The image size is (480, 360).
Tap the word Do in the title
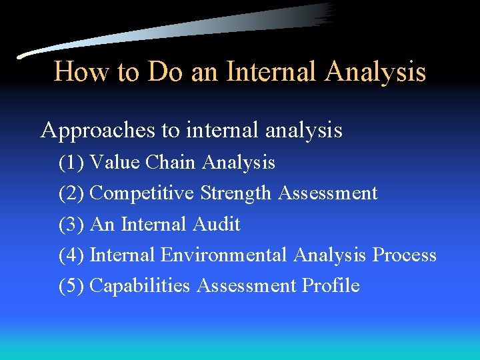point(166,72)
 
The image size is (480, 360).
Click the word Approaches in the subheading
point(99,130)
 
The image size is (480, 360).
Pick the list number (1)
point(71,162)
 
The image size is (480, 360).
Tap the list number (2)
point(71,193)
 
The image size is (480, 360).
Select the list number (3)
point(71,224)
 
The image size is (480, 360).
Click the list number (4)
point(71,255)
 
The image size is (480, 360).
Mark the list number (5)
point(71,285)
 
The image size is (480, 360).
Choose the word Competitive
point(142,193)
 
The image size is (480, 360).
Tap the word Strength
point(236,193)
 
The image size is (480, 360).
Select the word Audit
point(216,224)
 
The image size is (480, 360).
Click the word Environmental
point(224,255)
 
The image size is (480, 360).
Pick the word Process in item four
point(405,255)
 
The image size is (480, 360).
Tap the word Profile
point(331,285)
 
